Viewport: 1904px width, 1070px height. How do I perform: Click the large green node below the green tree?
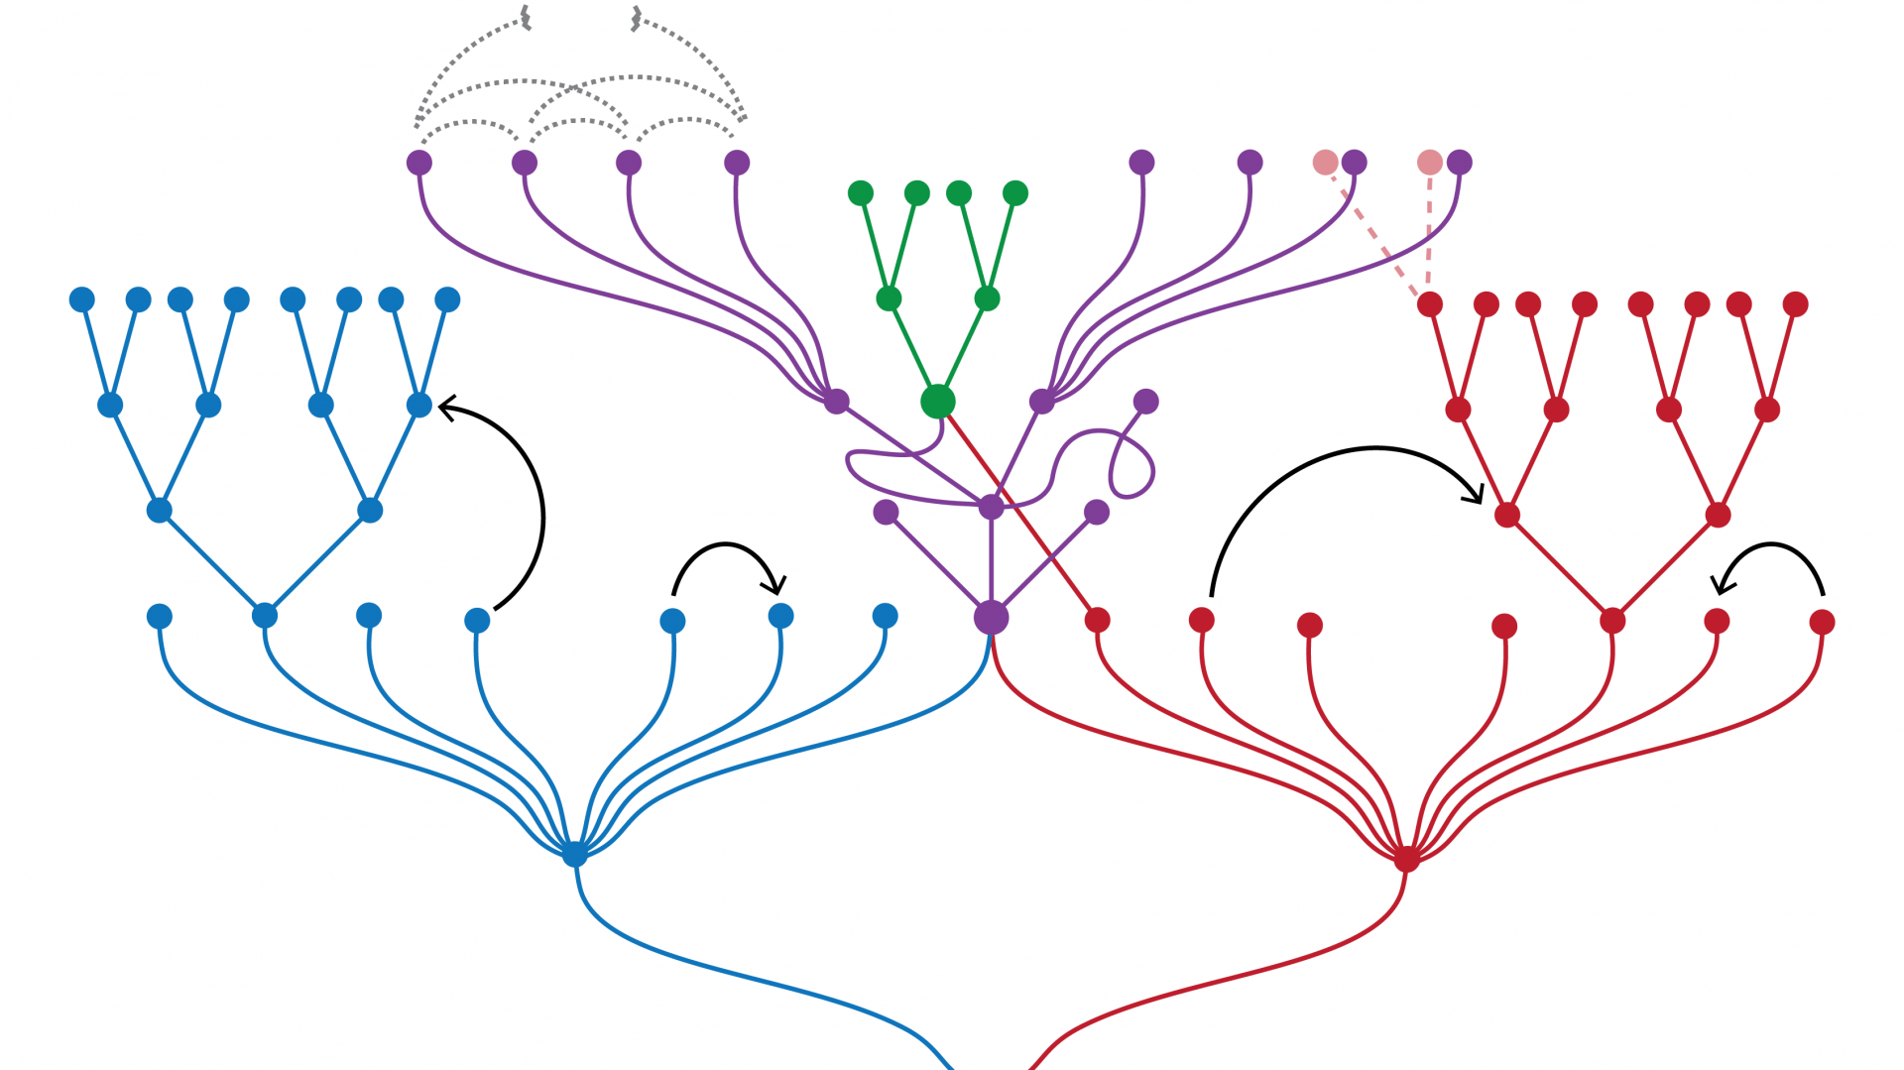tap(937, 401)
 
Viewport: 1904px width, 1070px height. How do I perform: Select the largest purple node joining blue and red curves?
tap(991, 617)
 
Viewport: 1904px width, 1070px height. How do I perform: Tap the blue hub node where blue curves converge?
tap(574, 853)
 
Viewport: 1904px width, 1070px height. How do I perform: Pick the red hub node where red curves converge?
tap(1406, 858)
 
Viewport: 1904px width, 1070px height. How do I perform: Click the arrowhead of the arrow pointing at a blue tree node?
tap(446, 407)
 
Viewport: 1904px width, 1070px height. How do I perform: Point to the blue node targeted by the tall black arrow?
tap(419, 405)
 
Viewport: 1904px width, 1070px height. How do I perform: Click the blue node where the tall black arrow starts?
tap(477, 621)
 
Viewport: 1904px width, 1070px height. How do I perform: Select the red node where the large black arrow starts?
tap(1201, 620)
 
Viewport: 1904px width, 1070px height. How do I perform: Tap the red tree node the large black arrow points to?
tap(1506, 515)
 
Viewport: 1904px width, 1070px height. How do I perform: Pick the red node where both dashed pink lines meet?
tap(1429, 304)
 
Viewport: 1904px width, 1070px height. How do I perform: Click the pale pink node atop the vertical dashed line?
tap(1429, 163)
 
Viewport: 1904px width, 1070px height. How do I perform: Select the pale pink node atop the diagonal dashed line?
tap(1325, 163)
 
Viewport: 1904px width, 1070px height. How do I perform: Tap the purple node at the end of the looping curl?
tap(1145, 402)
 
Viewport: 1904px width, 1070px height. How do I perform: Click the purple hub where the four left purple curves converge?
tap(836, 402)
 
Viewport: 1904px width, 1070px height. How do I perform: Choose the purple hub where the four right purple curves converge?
tap(1041, 402)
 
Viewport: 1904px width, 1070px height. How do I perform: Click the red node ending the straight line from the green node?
tap(1097, 620)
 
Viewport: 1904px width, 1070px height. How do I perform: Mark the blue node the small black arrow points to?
tap(780, 616)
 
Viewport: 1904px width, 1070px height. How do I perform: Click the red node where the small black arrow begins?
tap(1822, 622)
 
